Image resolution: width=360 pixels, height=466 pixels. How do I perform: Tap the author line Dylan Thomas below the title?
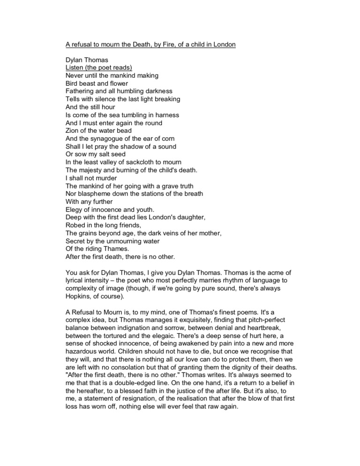[x=87, y=60]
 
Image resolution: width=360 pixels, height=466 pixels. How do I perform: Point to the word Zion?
[x=73, y=130]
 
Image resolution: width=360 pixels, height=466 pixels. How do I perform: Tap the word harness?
[x=166, y=115]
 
